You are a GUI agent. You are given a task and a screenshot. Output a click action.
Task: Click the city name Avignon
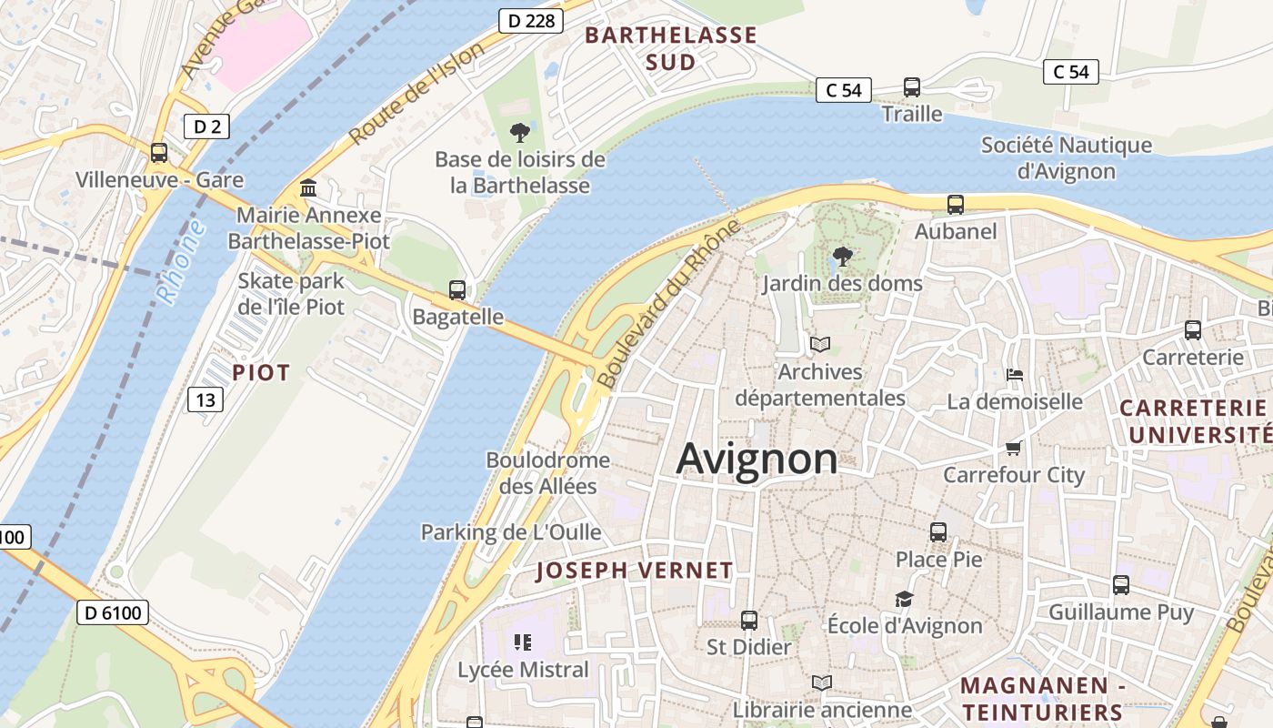click(x=757, y=459)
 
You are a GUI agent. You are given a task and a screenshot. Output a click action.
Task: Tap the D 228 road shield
click(x=527, y=21)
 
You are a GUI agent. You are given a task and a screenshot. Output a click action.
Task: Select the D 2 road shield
click(x=207, y=126)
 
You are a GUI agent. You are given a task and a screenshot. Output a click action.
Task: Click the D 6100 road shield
click(x=111, y=612)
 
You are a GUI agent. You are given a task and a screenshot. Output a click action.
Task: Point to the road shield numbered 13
click(x=206, y=399)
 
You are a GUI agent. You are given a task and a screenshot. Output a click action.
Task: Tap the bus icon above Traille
click(x=911, y=87)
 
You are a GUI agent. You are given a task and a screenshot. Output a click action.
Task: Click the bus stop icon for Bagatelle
click(x=457, y=290)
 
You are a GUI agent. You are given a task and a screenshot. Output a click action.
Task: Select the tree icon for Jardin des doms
click(x=842, y=257)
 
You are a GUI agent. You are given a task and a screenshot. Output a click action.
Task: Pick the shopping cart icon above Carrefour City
click(x=1014, y=448)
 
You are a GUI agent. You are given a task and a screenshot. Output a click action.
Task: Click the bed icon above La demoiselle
click(x=1015, y=375)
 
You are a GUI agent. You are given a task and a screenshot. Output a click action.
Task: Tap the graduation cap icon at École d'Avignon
click(x=904, y=599)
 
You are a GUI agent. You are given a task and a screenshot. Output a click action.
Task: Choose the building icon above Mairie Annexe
click(x=308, y=188)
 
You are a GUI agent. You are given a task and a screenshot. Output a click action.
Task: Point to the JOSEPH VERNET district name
click(x=634, y=571)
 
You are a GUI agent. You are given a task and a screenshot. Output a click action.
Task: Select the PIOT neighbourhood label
click(x=261, y=372)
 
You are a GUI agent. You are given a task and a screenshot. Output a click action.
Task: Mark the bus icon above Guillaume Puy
click(x=1121, y=585)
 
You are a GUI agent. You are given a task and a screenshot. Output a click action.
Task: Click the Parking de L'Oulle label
click(x=511, y=531)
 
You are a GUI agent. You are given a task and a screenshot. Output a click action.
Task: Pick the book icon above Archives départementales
click(x=820, y=345)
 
